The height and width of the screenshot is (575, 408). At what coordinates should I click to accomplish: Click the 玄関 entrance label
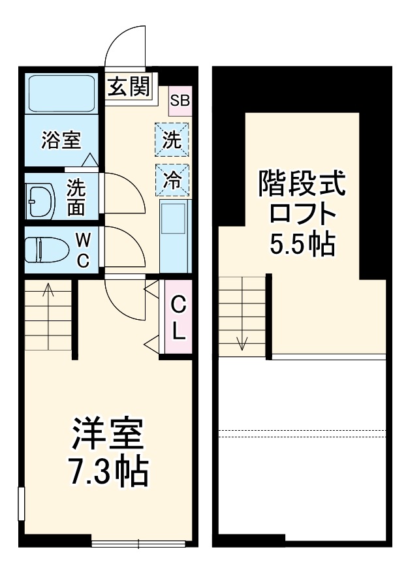(128, 87)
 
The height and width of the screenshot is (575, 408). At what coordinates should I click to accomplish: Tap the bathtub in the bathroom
(62, 93)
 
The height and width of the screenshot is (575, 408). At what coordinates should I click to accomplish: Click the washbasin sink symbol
(41, 201)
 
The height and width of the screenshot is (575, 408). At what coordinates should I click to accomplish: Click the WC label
(84, 250)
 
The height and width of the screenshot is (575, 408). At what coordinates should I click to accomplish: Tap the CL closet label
(178, 318)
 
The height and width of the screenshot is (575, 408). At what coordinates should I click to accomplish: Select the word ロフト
(302, 213)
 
